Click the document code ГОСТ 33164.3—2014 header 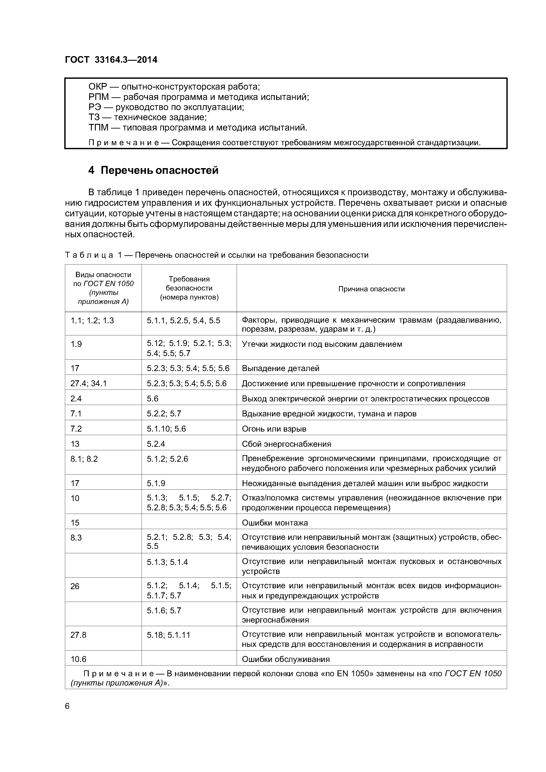pyautogui.click(x=111, y=60)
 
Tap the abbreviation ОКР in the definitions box pyautogui.click(x=98, y=87)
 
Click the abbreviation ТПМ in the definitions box pyautogui.click(x=98, y=127)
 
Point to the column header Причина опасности pyautogui.click(x=371, y=289)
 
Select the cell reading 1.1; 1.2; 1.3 pyautogui.click(x=92, y=320)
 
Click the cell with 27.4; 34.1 pyautogui.click(x=89, y=383)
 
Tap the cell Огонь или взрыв pyautogui.click(x=274, y=429)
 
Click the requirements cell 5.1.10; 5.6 pyautogui.click(x=166, y=429)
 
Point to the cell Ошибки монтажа pyautogui.click(x=275, y=522)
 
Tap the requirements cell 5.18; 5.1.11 pyautogui.click(x=169, y=635)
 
